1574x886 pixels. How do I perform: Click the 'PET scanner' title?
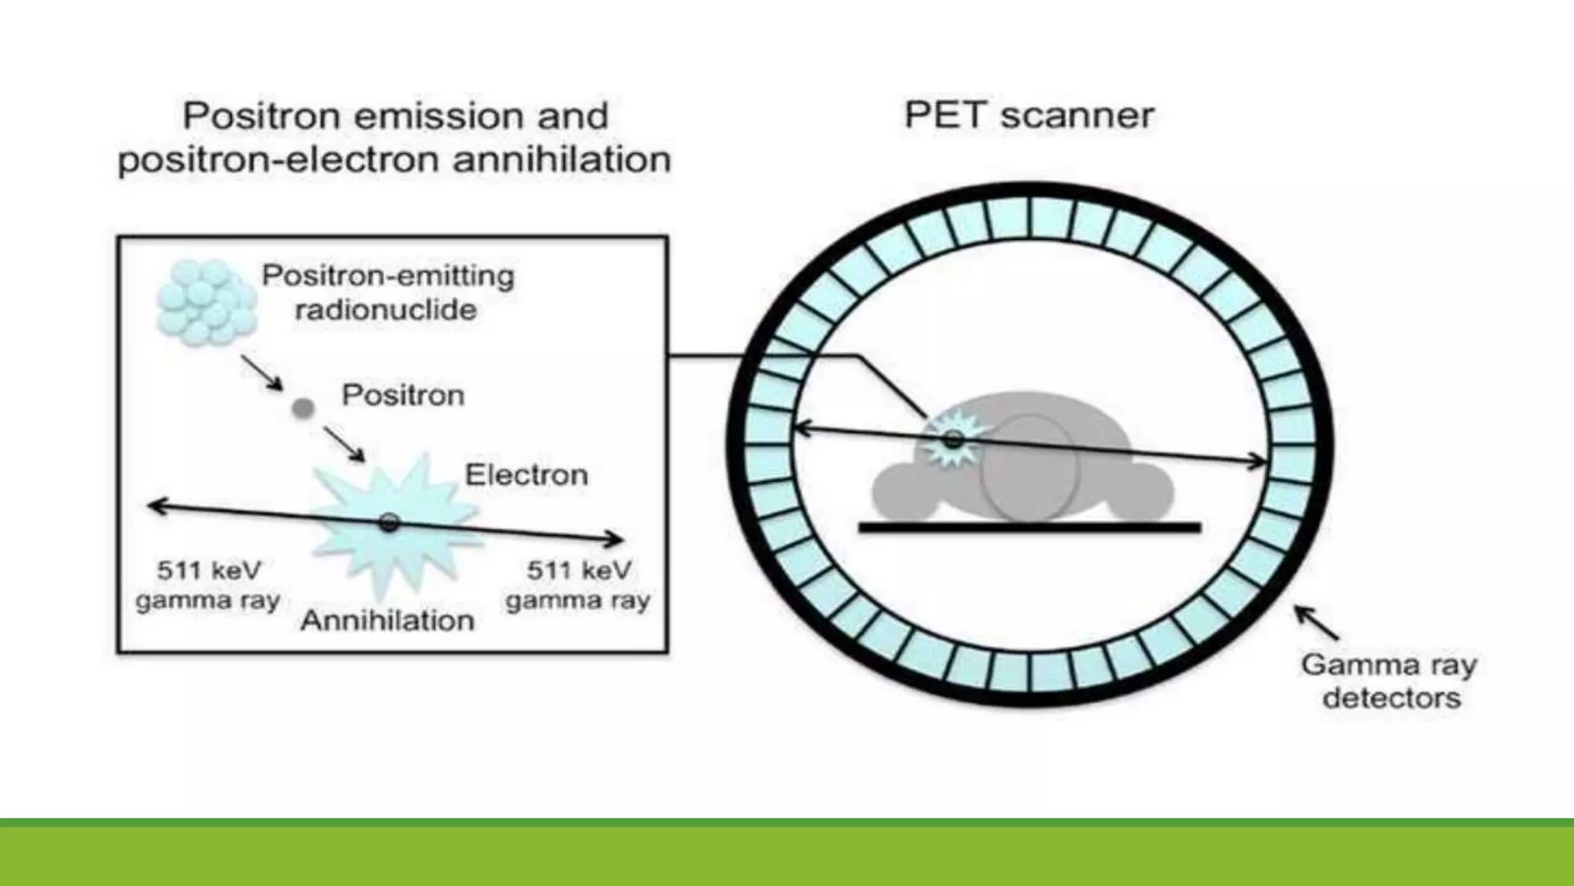click(1028, 115)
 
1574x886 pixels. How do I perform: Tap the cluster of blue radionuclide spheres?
click(205, 301)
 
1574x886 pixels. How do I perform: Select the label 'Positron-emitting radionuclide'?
click(387, 292)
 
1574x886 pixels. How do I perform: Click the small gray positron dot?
click(304, 408)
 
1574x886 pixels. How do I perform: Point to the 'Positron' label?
click(403, 395)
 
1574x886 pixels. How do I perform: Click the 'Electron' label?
click(526, 475)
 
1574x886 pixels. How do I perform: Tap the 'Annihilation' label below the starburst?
click(387, 620)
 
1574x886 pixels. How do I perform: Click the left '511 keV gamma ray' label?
click(208, 585)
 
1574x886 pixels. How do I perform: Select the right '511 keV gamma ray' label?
click(578, 585)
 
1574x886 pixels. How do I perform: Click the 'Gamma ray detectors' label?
click(1390, 681)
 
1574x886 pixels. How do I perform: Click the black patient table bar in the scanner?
click(1029, 527)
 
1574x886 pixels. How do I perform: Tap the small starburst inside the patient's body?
click(953, 440)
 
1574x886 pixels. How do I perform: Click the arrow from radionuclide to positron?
click(262, 372)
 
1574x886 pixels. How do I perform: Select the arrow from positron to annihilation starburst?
click(344, 445)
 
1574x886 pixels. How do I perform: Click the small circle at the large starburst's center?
click(389, 523)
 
